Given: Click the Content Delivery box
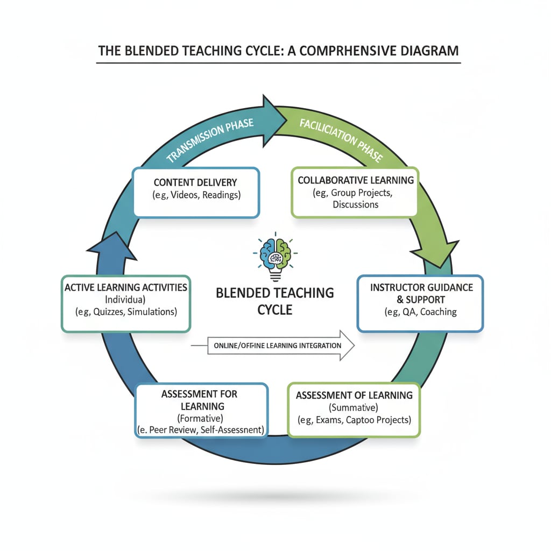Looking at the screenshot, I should click(x=196, y=192).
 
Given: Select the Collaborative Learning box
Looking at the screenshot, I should click(x=355, y=192).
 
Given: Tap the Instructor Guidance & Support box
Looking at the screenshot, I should click(x=420, y=303).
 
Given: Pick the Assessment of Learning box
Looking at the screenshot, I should click(x=354, y=409).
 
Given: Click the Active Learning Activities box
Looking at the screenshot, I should click(x=126, y=303).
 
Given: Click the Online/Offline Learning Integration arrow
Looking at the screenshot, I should click(x=280, y=345).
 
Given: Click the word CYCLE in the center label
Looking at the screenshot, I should click(x=274, y=310).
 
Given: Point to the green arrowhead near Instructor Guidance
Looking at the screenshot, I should click(x=435, y=253).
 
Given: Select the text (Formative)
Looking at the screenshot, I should click(x=200, y=418).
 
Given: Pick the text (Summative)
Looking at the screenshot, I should click(x=354, y=407).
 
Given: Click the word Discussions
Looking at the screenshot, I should click(x=355, y=204).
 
